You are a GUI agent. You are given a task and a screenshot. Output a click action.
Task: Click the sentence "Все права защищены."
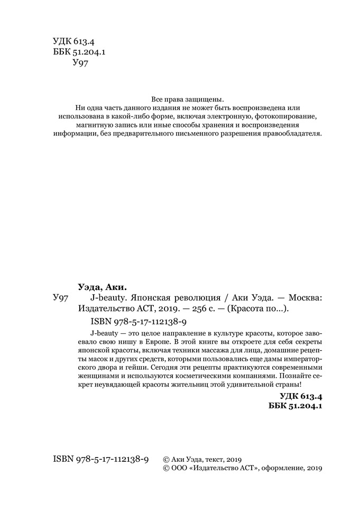[x=188, y=99]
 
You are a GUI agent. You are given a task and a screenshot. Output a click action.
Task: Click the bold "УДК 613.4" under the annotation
[x=300, y=396]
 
